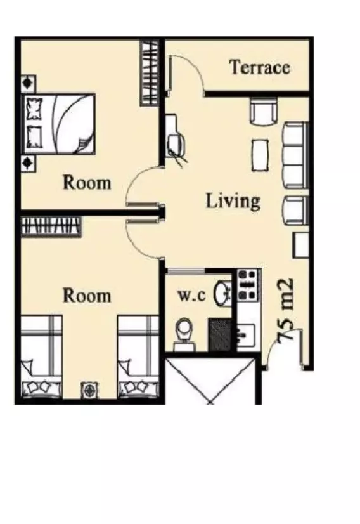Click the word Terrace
pyautogui.click(x=260, y=67)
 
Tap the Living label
pyautogui.click(x=233, y=201)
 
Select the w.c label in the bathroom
pyautogui.click(x=191, y=296)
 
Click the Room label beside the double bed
pyautogui.click(x=87, y=183)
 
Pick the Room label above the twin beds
pyautogui.click(x=87, y=296)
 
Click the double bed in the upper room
pyautogui.click(x=60, y=123)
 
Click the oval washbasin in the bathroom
pyautogui.click(x=222, y=292)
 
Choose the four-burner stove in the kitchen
pyautogui.click(x=248, y=284)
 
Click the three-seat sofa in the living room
pyautogui.click(x=293, y=155)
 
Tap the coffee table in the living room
pyautogui.click(x=261, y=154)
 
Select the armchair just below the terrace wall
pyautogui.click(x=264, y=112)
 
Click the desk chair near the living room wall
pyautogui.click(x=177, y=146)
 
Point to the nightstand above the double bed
pyautogui.click(x=28, y=82)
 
